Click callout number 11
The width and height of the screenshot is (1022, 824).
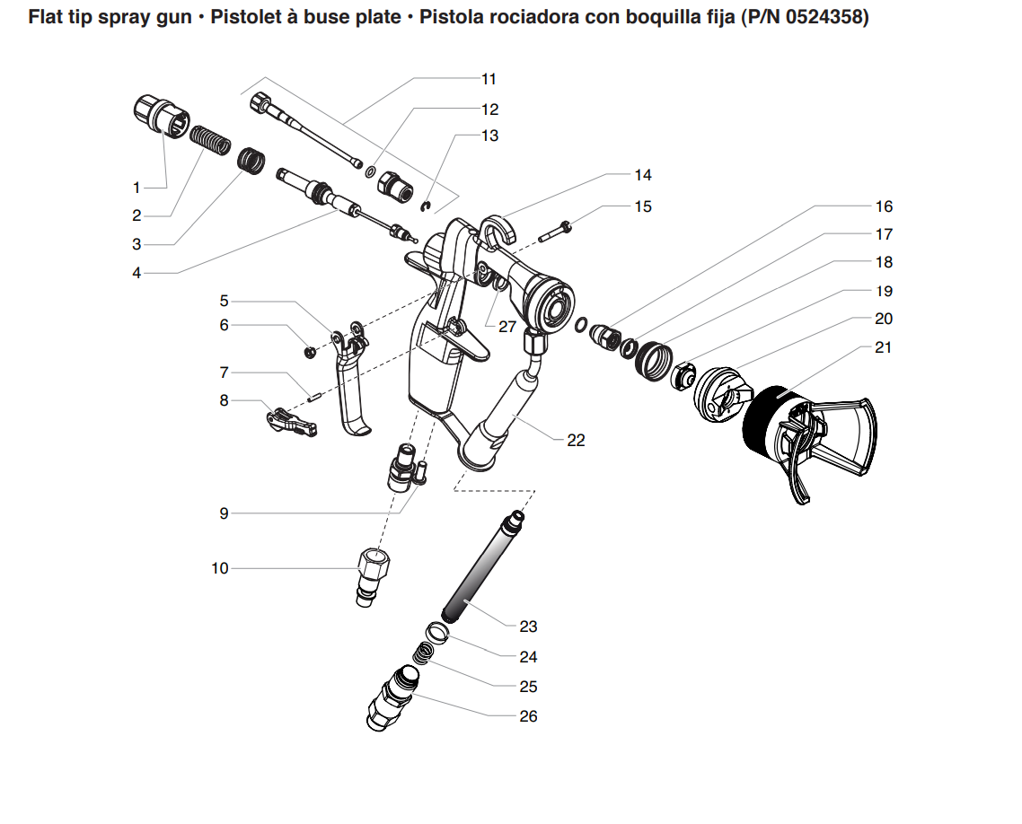[x=489, y=79]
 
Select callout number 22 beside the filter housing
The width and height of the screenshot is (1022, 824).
[x=576, y=440]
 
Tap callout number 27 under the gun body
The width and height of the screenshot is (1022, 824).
[x=507, y=327]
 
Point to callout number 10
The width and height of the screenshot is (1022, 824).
[x=220, y=568]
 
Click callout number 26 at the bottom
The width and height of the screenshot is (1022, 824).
[x=528, y=716]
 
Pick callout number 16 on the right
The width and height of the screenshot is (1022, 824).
[x=884, y=206]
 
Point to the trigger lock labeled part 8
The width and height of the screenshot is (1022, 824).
[x=291, y=423]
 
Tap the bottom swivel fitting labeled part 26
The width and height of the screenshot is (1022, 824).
[x=392, y=701]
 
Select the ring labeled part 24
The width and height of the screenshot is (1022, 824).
[x=434, y=632]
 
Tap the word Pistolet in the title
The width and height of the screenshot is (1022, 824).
[x=250, y=17]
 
